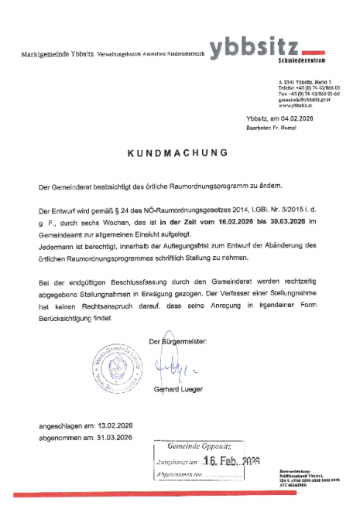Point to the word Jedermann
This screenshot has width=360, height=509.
click(x=56, y=244)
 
